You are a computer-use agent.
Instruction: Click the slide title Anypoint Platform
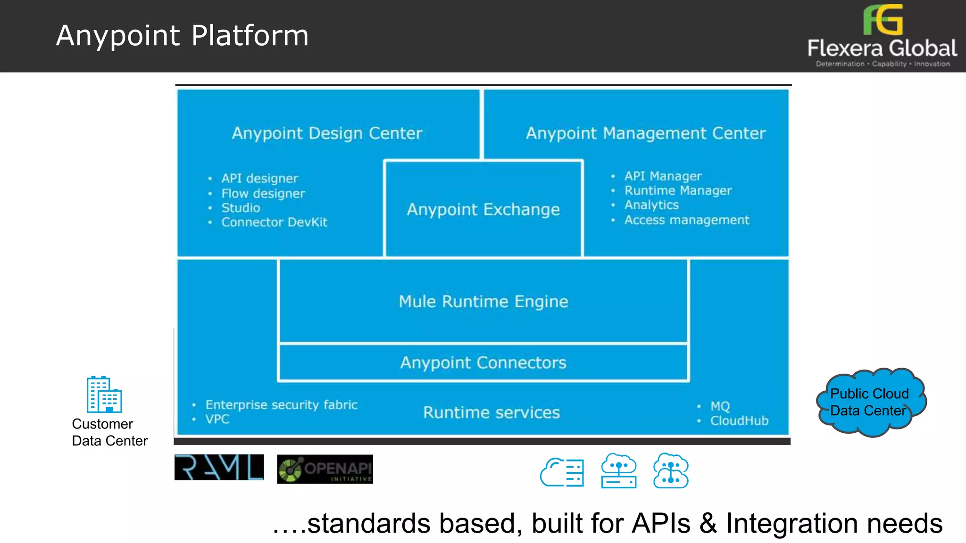[182, 36]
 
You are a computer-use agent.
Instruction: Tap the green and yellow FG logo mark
[883, 20]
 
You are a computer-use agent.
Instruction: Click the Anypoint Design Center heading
[327, 133]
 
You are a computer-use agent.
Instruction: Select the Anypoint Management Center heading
[645, 133]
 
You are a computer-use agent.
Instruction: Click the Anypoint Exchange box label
[483, 209]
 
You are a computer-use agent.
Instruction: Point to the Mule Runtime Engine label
[483, 302]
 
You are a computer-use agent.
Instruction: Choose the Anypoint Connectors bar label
[483, 363]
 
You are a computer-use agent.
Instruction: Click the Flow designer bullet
[263, 194]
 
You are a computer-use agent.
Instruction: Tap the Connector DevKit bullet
[274, 222]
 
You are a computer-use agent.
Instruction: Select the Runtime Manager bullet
[678, 190]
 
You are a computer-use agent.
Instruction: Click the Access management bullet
[686, 220]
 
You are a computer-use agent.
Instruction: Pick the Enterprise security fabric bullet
[281, 405]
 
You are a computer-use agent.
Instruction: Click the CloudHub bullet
[739, 421]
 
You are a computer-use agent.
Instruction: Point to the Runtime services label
[491, 413]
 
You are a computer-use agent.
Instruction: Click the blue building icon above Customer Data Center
[104, 395]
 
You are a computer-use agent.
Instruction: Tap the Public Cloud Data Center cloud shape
[871, 402]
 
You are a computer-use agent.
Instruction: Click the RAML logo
[219, 468]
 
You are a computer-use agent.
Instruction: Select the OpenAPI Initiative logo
[325, 469]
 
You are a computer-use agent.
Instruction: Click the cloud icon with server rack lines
[562, 472]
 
